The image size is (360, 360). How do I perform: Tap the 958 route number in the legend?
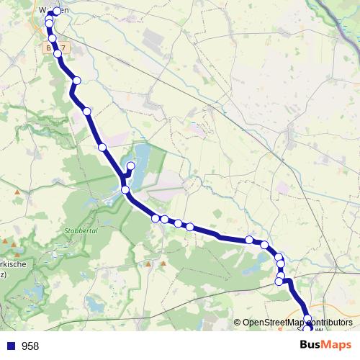(30, 346)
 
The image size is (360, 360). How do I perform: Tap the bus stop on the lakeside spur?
(131, 166)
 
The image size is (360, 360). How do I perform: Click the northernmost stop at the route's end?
(57, 11)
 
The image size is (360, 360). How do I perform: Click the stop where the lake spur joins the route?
(125, 189)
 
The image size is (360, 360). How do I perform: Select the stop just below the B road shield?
(58, 53)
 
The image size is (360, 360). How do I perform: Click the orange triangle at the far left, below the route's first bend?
(17, 192)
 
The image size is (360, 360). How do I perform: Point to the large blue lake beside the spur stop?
(142, 157)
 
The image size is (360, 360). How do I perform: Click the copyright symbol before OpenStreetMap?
(237, 323)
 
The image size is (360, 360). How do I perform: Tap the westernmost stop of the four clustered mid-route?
(156, 218)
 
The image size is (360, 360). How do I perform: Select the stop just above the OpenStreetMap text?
(307, 318)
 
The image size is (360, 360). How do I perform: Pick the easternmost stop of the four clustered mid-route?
(189, 227)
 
